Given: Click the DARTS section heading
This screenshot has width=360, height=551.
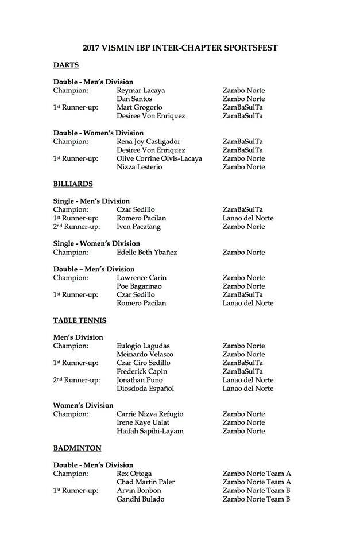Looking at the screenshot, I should tap(65, 65).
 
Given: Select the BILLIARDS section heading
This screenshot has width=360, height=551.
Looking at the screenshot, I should tap(73, 184).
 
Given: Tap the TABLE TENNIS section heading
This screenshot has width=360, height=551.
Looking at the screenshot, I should tap(80, 320).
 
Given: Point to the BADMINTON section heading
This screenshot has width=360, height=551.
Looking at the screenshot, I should tap(77, 448).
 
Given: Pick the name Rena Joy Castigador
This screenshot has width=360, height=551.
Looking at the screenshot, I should tap(149, 141).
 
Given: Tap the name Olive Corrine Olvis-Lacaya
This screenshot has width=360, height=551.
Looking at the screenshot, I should tap(159, 158).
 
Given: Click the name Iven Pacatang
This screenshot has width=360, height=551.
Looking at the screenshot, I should tap(138, 227).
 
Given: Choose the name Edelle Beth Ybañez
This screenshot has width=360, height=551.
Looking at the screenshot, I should tap(146, 252).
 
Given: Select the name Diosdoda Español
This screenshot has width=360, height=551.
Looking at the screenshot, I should tap(145, 389).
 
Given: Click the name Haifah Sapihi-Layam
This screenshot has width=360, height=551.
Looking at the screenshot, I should tap(150, 431).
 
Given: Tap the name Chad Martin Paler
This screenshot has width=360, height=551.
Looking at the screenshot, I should tap(145, 482).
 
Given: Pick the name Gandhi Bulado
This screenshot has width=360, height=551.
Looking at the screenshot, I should tap(140, 499).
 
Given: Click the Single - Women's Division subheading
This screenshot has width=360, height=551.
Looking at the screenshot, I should tap(96, 243).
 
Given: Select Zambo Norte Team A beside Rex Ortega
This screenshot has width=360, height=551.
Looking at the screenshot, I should tap(257, 474).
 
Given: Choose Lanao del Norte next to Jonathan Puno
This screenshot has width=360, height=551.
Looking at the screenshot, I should tap(248, 380).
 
